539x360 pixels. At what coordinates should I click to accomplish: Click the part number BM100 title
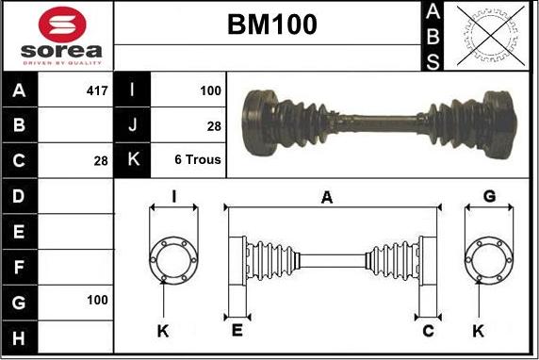click(271, 25)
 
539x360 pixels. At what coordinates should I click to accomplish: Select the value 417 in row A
click(96, 91)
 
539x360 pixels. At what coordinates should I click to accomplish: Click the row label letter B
click(20, 125)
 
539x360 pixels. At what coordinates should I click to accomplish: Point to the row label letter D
click(20, 195)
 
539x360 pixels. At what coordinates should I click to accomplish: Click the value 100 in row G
click(96, 300)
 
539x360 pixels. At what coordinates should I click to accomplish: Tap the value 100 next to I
click(210, 91)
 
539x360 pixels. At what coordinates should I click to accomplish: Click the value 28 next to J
click(215, 125)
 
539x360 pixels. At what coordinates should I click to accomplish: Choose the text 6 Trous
click(198, 160)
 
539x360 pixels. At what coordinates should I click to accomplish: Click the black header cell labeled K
click(132, 160)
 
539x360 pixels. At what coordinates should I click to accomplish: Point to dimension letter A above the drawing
click(326, 197)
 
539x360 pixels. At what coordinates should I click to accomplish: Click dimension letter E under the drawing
click(237, 330)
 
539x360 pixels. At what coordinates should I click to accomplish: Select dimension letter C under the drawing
click(428, 330)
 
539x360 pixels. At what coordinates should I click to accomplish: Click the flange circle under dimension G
click(489, 256)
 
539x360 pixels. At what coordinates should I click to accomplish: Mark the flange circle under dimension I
click(174, 256)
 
